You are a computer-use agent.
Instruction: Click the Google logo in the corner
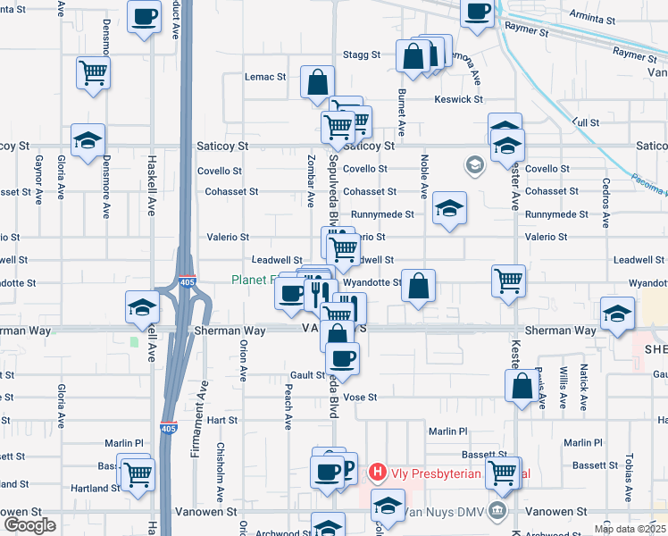tap(29, 525)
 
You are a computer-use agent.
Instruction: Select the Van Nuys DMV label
tap(443, 512)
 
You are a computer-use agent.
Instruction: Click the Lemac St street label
tap(265, 77)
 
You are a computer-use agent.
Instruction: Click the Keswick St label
tap(459, 99)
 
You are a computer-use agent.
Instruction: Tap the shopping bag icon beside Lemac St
tap(317, 82)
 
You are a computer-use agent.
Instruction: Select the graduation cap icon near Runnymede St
tap(449, 209)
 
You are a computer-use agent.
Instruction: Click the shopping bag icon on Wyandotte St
tap(418, 286)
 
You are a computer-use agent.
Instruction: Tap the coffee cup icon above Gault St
tap(342, 358)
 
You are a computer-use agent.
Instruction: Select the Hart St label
tap(221, 419)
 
